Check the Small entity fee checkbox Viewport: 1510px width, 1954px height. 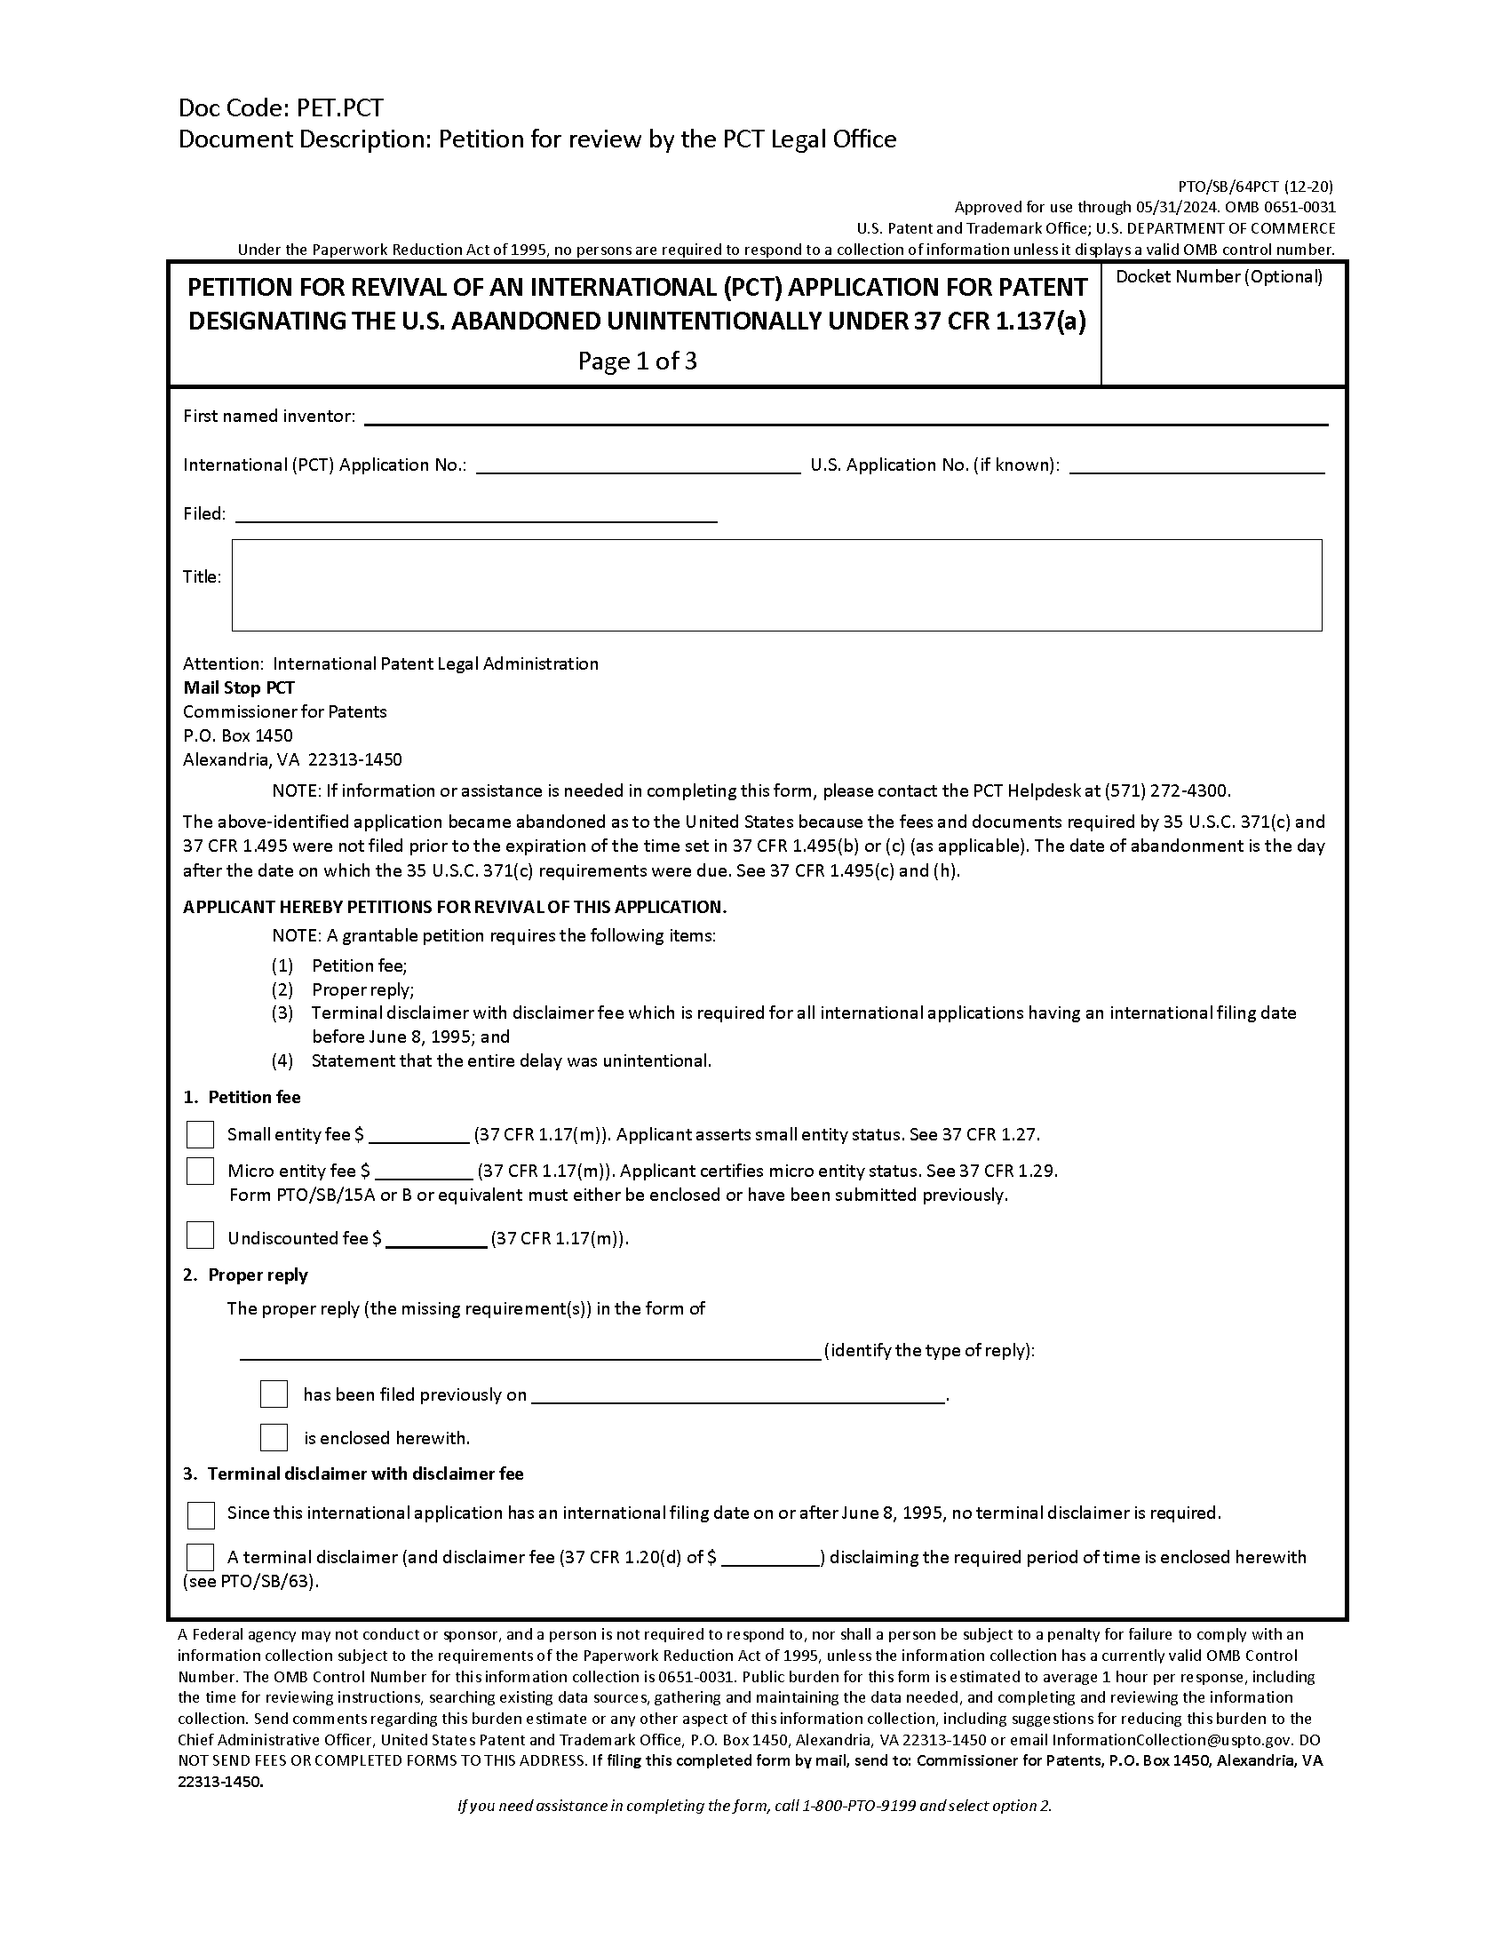coord(200,1134)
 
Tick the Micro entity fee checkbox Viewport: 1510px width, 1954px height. coord(200,1171)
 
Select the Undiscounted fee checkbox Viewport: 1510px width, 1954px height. coord(200,1235)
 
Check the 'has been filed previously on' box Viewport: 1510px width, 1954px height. coord(274,1394)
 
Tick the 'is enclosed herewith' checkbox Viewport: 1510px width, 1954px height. coord(274,1437)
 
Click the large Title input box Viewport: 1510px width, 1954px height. coord(775,585)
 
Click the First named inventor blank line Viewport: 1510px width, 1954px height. coord(845,417)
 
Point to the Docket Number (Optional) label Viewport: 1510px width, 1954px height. coord(1219,277)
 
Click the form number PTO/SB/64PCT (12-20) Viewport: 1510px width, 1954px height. coord(1255,187)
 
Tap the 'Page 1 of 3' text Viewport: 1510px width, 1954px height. coord(637,361)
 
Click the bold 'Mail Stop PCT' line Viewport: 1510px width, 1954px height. coord(239,687)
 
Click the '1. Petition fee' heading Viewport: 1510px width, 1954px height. coord(242,1097)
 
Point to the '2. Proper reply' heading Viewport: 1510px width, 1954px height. coord(245,1275)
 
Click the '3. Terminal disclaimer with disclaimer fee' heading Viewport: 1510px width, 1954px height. coord(354,1473)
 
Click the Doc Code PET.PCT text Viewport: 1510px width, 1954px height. coord(281,108)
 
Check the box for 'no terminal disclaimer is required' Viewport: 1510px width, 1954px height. coord(201,1514)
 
